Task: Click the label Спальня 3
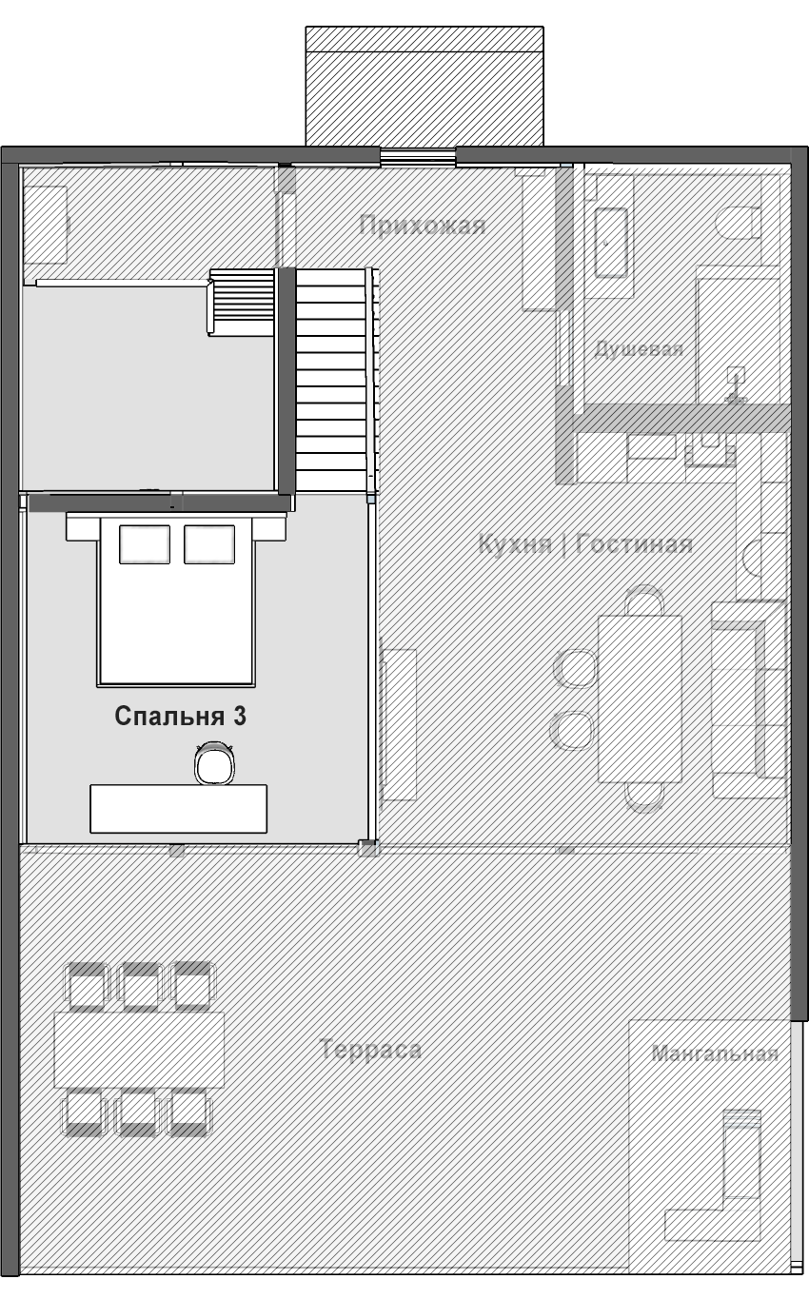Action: pyautogui.click(x=180, y=717)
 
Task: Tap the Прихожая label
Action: pyautogui.click(x=423, y=226)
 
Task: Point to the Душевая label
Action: pyautogui.click(x=639, y=349)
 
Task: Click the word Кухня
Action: pyautogui.click(x=515, y=544)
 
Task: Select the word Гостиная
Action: pyautogui.click(x=635, y=544)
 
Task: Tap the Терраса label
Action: pyautogui.click(x=370, y=1050)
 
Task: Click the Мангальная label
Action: pyautogui.click(x=715, y=1053)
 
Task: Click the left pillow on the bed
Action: pyautogui.click(x=145, y=544)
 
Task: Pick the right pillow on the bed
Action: pyautogui.click(x=209, y=544)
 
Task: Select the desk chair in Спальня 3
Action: pyautogui.click(x=214, y=763)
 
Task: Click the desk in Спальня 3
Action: pyautogui.click(x=179, y=808)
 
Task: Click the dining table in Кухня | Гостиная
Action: pyautogui.click(x=640, y=699)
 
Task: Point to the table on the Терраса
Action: pyautogui.click(x=139, y=1049)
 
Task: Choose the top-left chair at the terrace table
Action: pyautogui.click(x=87, y=986)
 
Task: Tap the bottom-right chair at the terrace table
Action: pyautogui.click(x=189, y=1112)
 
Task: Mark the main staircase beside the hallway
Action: pyautogui.click(x=332, y=381)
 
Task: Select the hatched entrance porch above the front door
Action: pyautogui.click(x=424, y=86)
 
